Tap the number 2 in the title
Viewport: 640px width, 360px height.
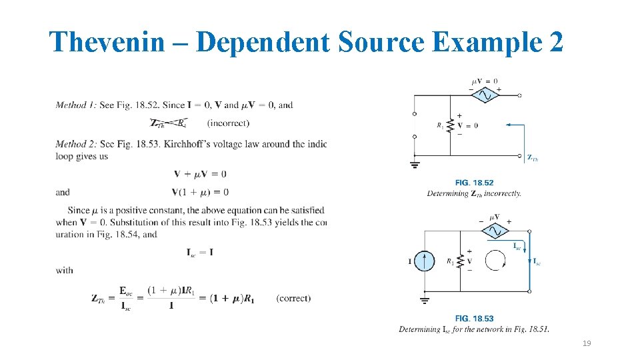pyautogui.click(x=555, y=42)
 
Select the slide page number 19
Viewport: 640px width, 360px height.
pyautogui.click(x=587, y=343)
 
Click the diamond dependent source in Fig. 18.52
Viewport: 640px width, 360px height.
pyautogui.click(x=485, y=95)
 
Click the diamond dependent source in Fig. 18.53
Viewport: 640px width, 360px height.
pyautogui.click(x=494, y=230)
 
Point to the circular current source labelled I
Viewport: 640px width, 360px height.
pyautogui.click(x=423, y=261)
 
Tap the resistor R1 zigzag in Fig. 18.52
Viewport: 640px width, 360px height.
pyautogui.click(x=450, y=125)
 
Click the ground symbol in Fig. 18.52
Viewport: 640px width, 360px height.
pyautogui.click(x=415, y=164)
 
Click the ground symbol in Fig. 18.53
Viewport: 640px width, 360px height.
pyautogui.click(x=424, y=300)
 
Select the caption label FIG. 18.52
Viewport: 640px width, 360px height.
pyautogui.click(x=474, y=183)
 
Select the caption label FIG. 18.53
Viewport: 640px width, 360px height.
pyautogui.click(x=474, y=319)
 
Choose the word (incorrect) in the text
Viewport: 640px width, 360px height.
pyautogui.click(x=228, y=123)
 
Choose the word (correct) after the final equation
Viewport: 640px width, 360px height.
pyautogui.click(x=293, y=298)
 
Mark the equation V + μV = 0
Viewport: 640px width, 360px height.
pyautogui.click(x=200, y=174)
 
